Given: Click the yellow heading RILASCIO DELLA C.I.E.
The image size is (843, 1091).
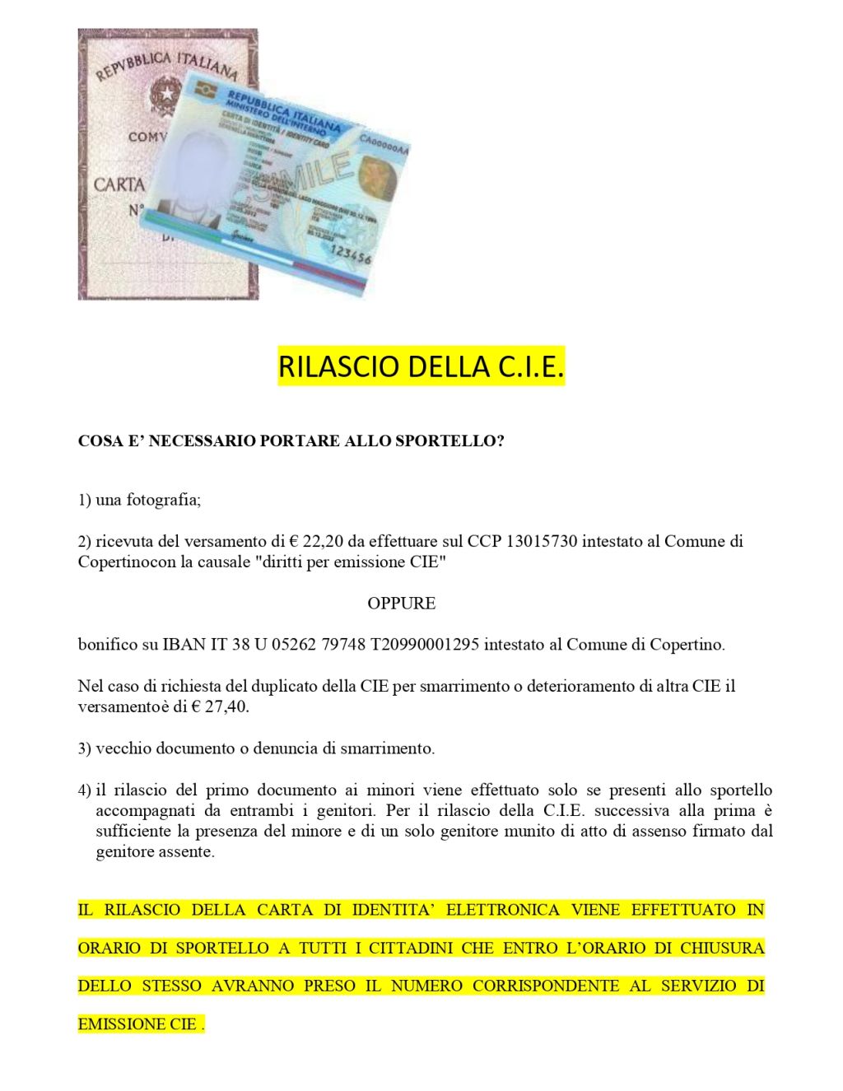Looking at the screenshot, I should (x=421, y=366).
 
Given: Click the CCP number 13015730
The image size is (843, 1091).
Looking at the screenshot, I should (x=543, y=542).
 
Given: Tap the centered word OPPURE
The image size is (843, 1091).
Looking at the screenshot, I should (x=401, y=604).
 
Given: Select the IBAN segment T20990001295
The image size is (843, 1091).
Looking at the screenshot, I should (x=425, y=645).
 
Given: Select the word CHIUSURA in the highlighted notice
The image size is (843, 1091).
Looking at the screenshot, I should (x=722, y=948).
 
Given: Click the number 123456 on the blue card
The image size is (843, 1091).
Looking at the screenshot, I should (x=350, y=253).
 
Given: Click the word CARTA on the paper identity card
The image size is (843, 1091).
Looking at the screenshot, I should (x=119, y=184).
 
